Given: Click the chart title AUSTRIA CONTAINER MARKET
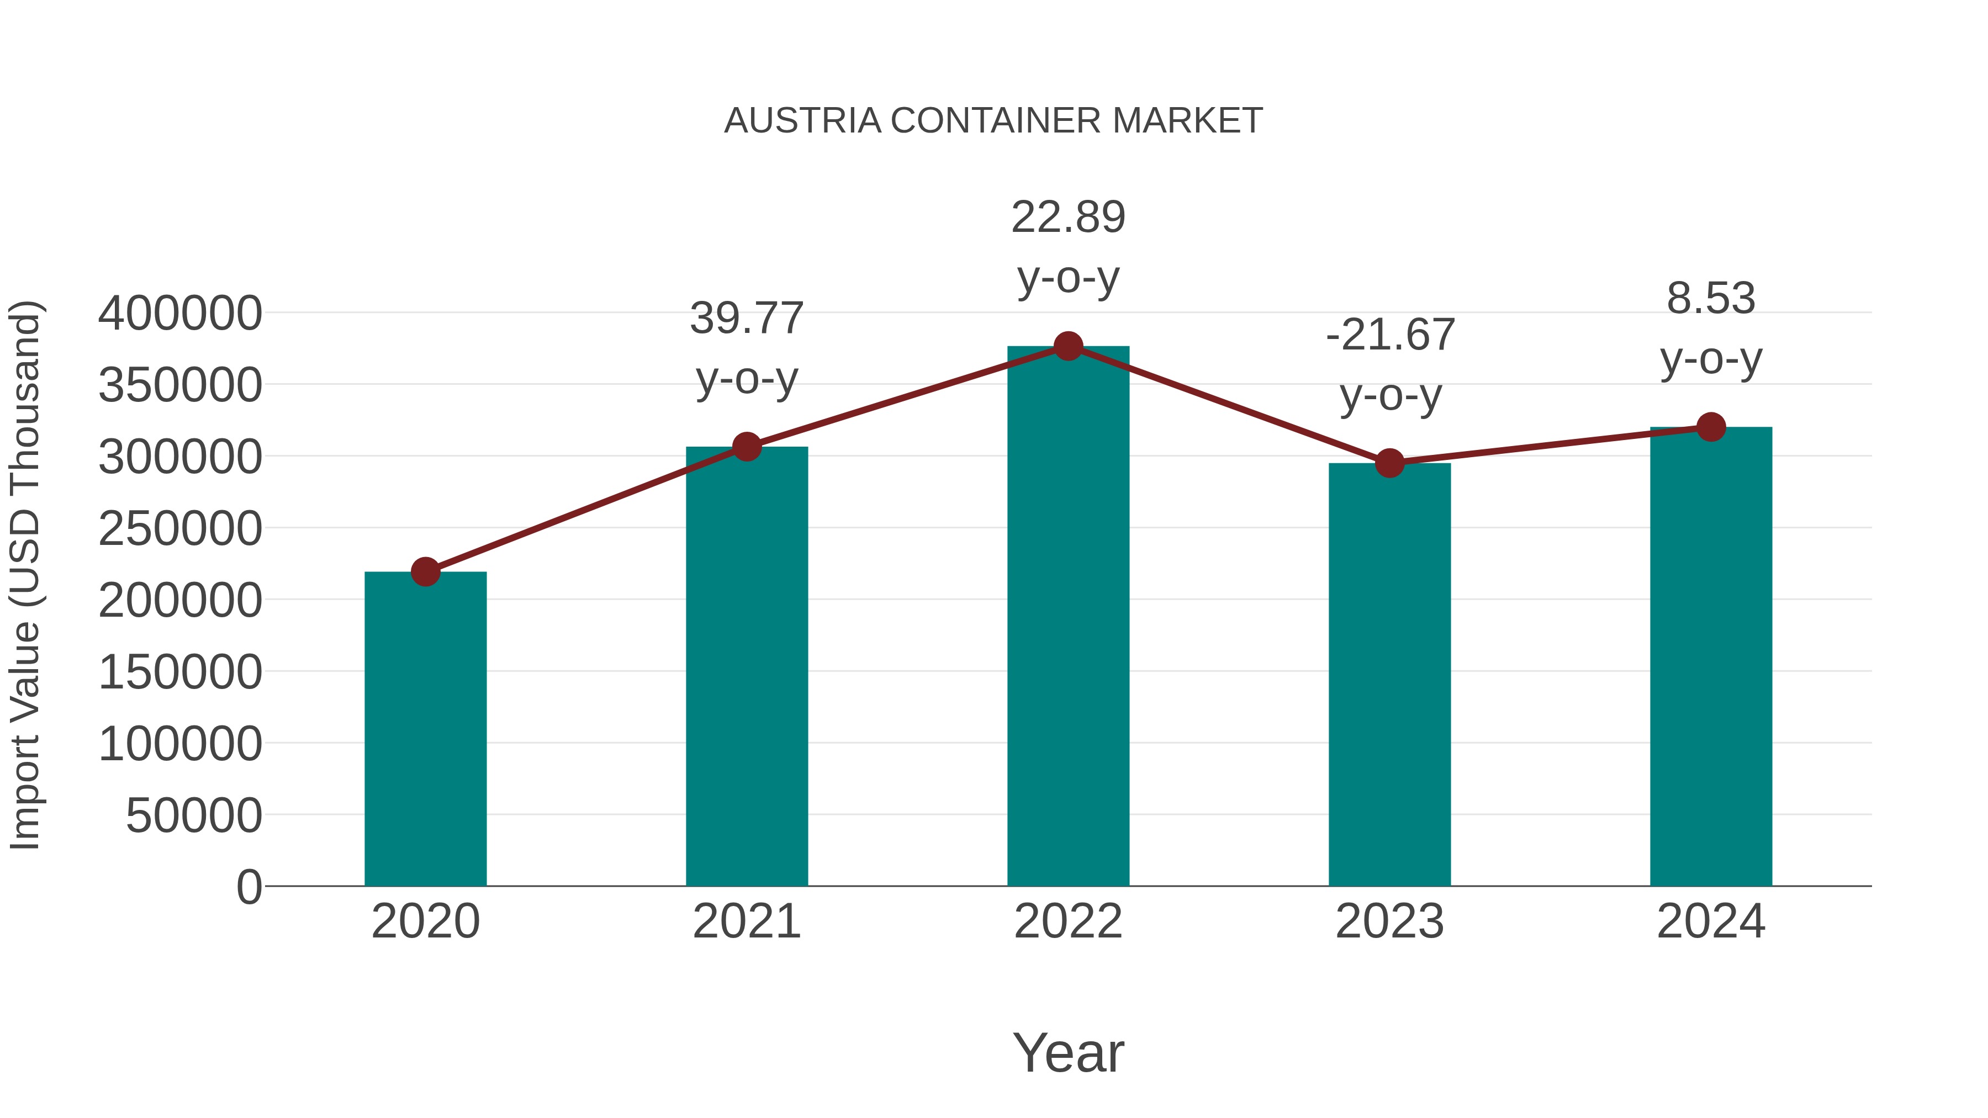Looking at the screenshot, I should (x=993, y=121).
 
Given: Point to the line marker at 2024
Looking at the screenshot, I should (x=1711, y=427).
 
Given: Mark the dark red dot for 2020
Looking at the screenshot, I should (x=425, y=572).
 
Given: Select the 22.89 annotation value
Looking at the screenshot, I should (x=1068, y=217).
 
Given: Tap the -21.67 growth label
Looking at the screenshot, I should (x=1390, y=335).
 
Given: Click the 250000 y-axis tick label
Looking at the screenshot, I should (x=180, y=529).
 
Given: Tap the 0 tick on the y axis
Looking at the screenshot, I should (x=249, y=887).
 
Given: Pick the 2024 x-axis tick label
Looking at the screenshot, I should (x=1711, y=921).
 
